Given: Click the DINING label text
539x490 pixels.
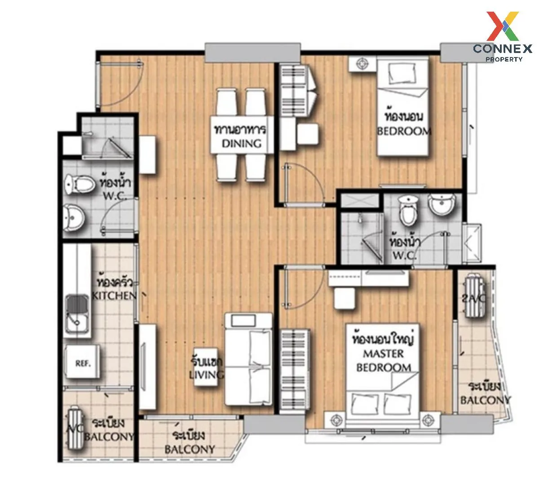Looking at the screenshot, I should [241, 143].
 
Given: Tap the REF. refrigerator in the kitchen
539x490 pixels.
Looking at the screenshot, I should [83, 363].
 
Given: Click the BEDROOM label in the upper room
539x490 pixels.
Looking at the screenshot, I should [404, 131].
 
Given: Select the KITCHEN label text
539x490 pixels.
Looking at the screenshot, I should [114, 295].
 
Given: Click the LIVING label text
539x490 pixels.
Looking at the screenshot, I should [207, 375].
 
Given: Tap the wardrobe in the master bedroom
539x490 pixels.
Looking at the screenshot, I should [295, 371].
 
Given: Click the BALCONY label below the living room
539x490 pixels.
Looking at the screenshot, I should [189, 449].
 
